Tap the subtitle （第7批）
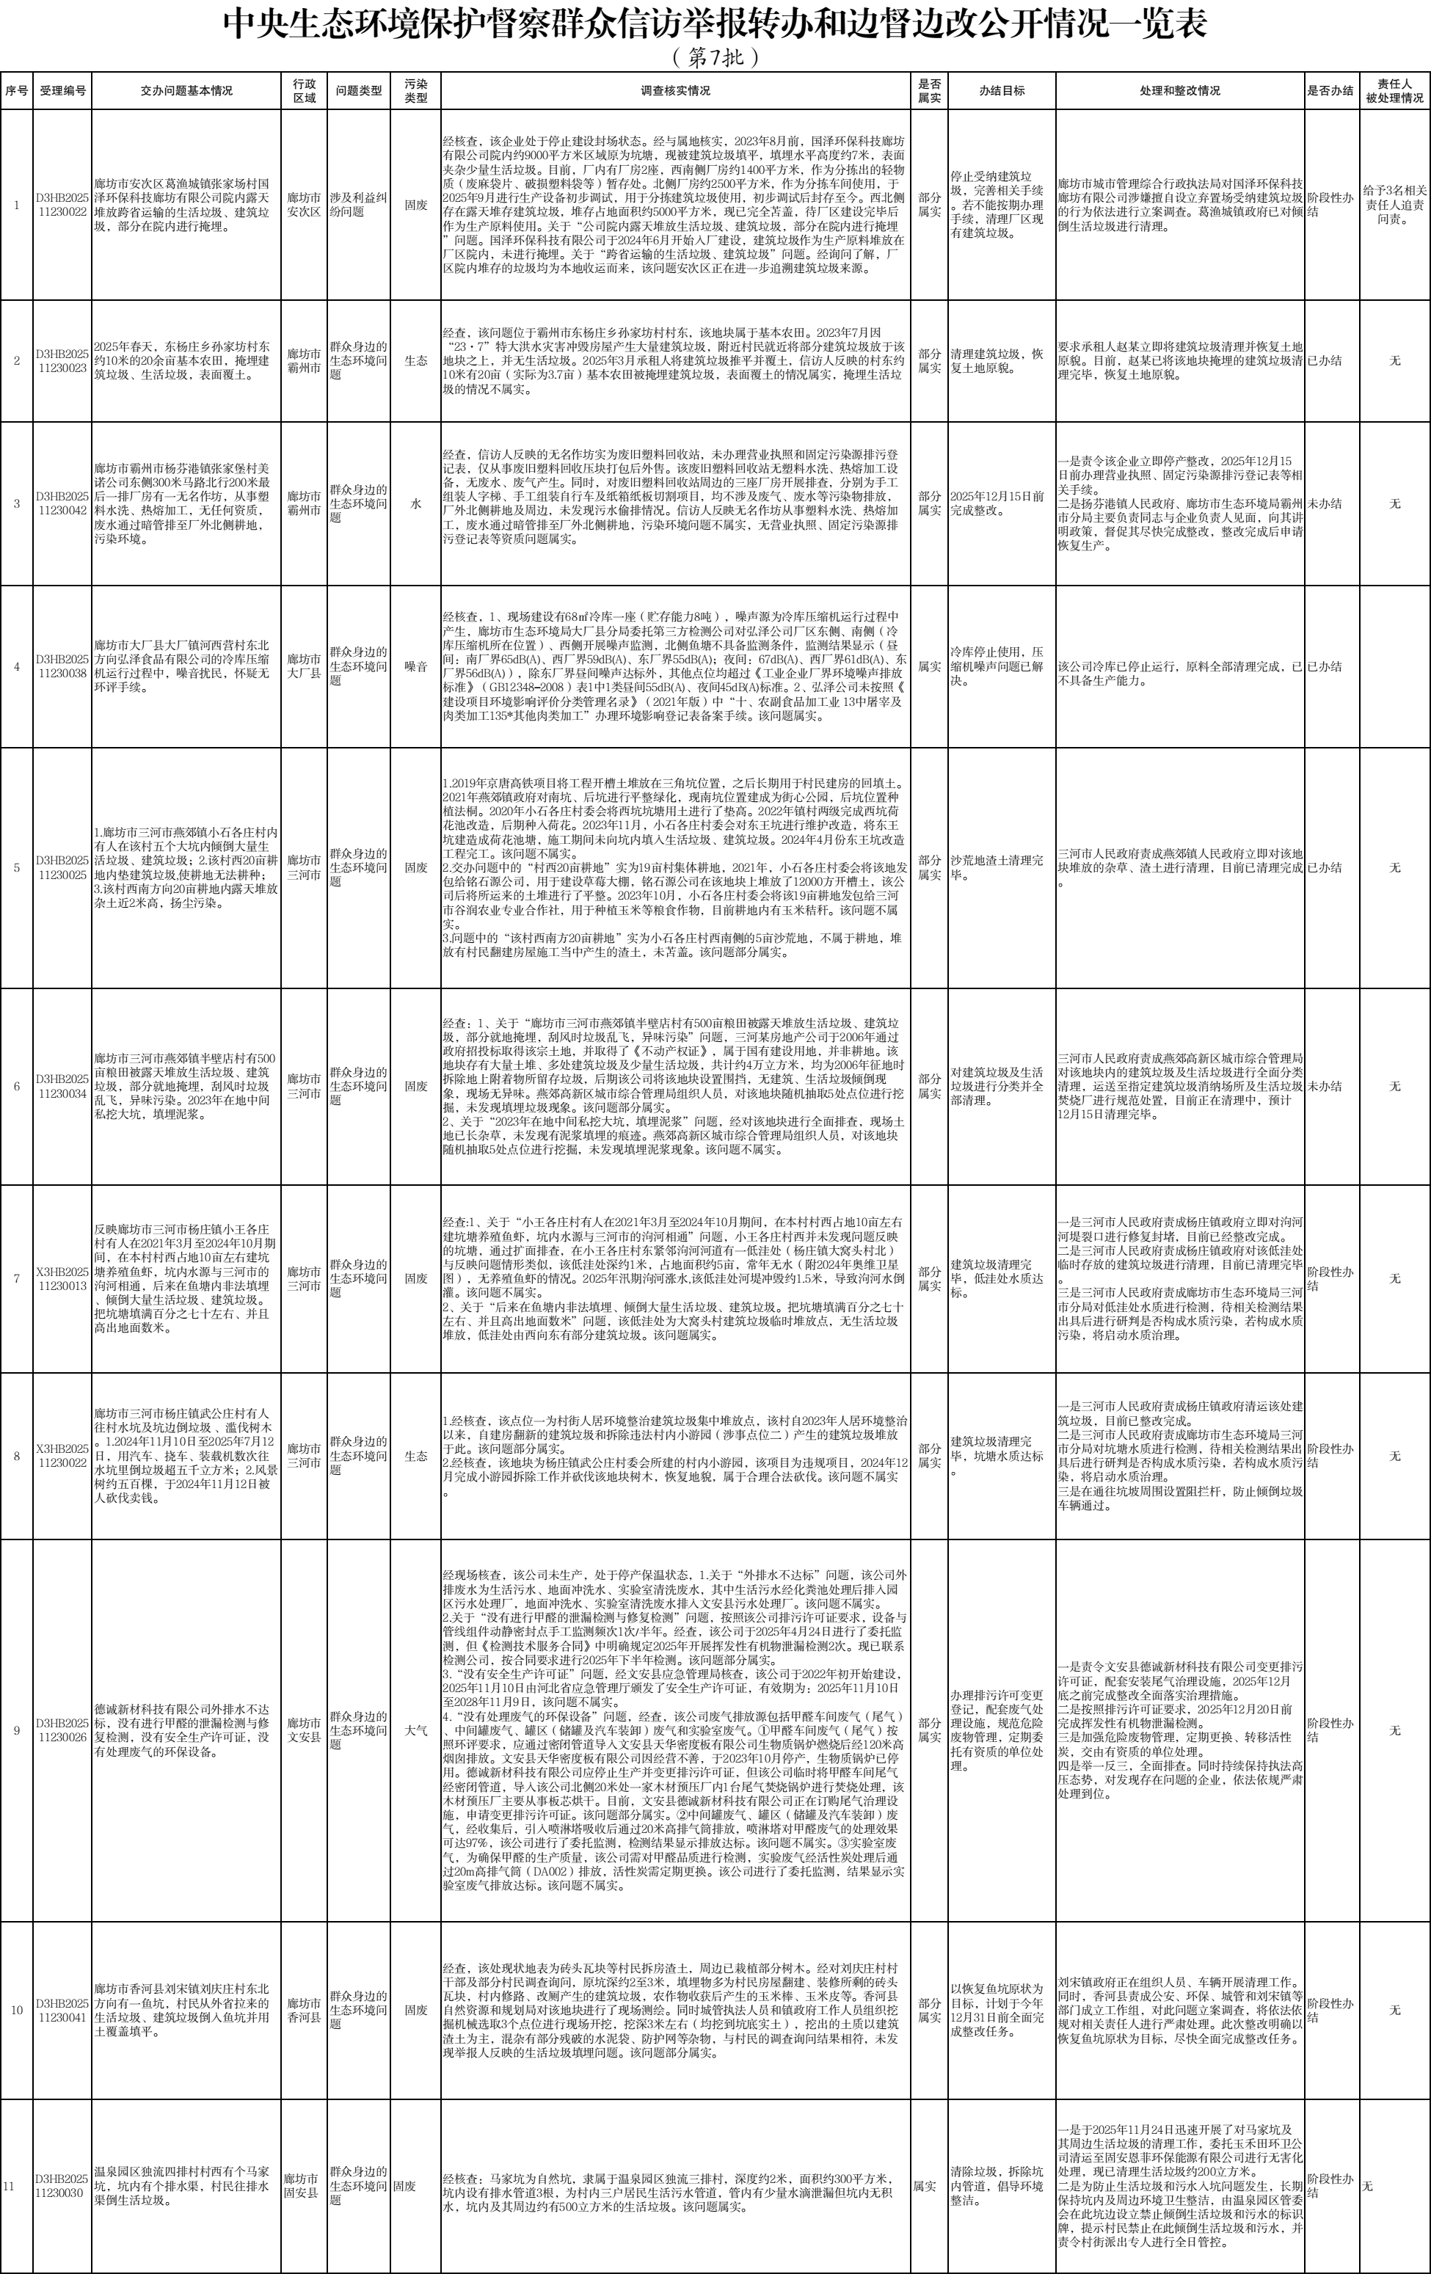[715, 58]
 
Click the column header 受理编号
[63, 91]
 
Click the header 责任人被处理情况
[1394, 91]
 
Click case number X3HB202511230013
[63, 1279]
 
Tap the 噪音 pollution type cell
[415, 667]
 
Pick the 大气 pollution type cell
[415, 1731]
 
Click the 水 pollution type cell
[415, 504]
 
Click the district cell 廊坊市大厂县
[304, 667]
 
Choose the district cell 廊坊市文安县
[304, 1731]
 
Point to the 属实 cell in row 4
[930, 667]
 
